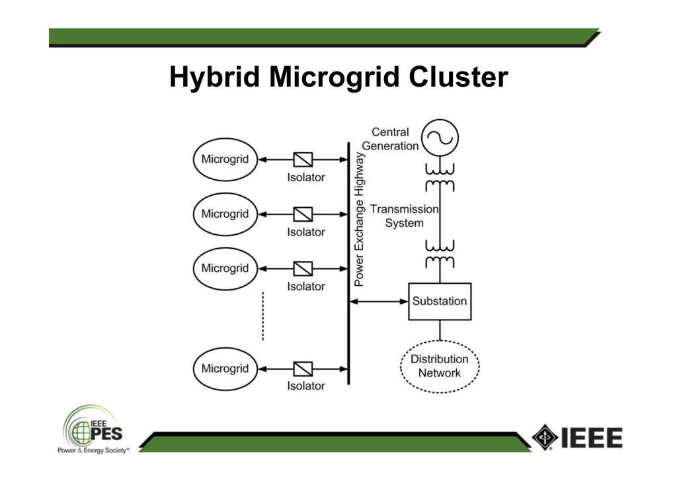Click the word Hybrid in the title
[214, 77]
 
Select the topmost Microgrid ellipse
[225, 159]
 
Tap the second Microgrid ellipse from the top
[225, 214]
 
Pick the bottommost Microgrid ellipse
[225, 369]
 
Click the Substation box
[440, 301]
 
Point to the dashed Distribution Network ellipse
[440, 366]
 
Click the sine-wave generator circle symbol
[440, 138]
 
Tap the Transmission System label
[404, 216]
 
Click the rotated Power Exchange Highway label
[359, 219]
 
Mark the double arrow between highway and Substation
[378, 301]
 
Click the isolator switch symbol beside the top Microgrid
[303, 159]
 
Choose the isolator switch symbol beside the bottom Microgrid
[303, 369]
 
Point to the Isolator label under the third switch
[305, 286]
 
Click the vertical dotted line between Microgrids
[262, 316]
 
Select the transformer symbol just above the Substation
[440, 255]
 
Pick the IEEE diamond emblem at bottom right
[545, 437]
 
